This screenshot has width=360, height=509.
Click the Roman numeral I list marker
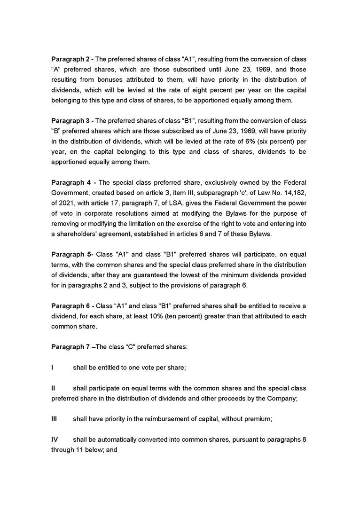tap(52, 368)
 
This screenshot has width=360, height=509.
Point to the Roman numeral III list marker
tap(54, 419)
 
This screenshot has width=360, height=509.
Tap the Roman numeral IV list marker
tap(54, 439)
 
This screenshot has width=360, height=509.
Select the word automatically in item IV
tap(116, 439)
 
